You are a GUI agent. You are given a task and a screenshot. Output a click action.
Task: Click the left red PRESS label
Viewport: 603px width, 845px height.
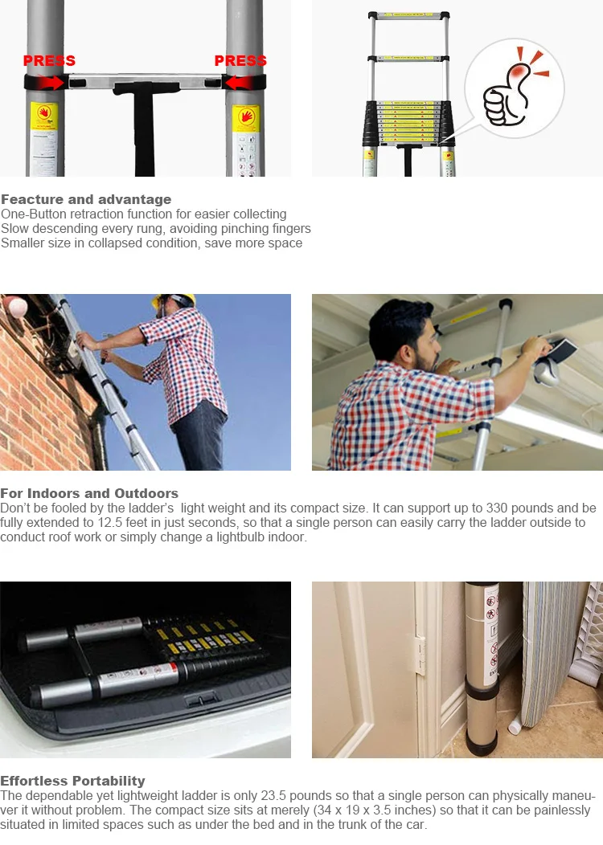click(49, 60)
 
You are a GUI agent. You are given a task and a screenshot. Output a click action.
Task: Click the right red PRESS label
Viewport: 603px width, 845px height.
click(240, 60)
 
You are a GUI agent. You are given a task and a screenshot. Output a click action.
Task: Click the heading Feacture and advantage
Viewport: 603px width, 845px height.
click(86, 199)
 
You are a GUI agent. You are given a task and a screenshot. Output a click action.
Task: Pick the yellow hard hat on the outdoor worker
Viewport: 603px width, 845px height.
click(174, 299)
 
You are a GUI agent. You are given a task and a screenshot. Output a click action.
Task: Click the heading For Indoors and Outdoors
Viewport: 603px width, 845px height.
click(89, 493)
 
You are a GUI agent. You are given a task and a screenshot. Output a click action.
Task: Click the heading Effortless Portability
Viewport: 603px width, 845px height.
click(73, 781)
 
